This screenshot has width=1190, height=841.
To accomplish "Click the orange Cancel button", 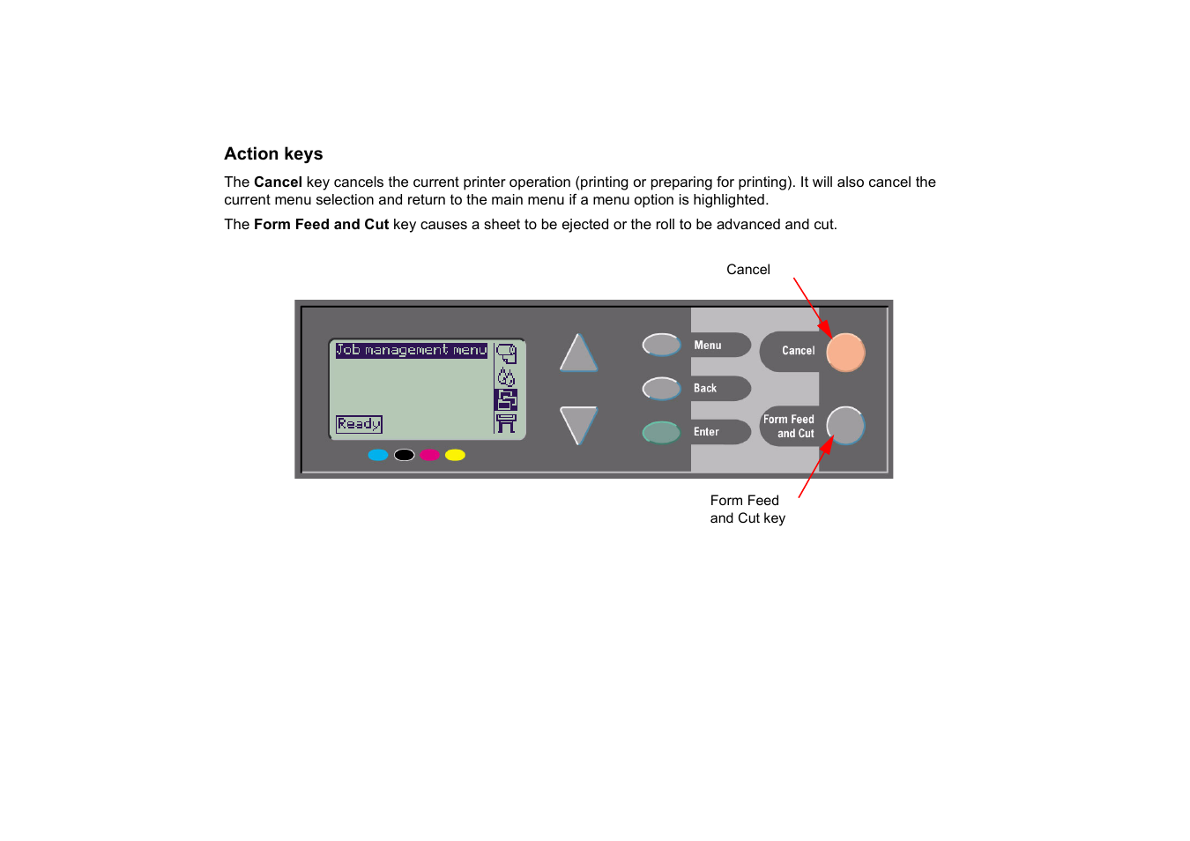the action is (x=845, y=352).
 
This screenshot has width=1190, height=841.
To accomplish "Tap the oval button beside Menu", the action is (x=661, y=345).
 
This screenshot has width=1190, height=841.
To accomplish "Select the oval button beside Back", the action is (x=661, y=388).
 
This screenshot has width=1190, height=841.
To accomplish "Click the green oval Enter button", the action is (x=661, y=432).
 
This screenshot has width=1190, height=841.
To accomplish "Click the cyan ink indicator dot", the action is (x=378, y=455).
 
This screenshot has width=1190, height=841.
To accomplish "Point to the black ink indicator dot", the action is (x=404, y=455).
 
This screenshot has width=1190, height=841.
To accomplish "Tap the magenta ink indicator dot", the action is (x=429, y=455).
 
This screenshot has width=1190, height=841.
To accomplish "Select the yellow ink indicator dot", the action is (x=455, y=455).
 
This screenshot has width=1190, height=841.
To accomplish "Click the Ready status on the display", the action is (x=359, y=424).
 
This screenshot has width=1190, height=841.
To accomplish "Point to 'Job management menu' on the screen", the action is (x=411, y=350).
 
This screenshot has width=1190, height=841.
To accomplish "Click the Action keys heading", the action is (x=273, y=153).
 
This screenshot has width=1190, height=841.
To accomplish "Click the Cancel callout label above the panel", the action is (x=747, y=270).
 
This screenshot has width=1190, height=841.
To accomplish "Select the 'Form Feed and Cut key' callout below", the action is (x=747, y=510).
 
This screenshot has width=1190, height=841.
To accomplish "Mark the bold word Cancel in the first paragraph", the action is (x=278, y=182).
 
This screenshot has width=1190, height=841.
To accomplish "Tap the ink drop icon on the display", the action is (x=506, y=377).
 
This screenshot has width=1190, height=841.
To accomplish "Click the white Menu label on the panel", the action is (x=707, y=346).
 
